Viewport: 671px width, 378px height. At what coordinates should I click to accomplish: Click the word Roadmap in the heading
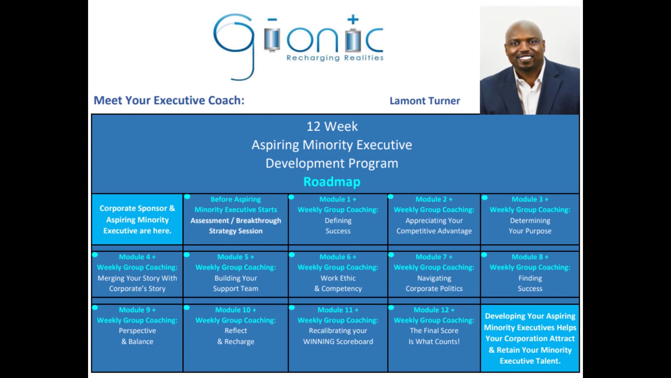point(332,182)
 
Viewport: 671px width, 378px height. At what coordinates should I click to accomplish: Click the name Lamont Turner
point(425,101)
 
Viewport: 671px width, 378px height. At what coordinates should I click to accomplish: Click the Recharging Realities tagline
point(335,58)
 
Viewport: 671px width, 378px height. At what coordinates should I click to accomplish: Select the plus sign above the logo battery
point(353,20)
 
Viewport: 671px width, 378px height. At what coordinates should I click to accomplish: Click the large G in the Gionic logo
point(233,42)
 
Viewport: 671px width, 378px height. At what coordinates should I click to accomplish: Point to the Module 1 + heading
point(338,199)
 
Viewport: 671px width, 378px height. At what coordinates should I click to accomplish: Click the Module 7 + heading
point(434,257)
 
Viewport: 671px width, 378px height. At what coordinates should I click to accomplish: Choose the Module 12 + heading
point(434,310)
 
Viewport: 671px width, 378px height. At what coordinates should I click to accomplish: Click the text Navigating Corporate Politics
point(434,283)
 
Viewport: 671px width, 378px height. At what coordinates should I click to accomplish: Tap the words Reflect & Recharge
point(236,336)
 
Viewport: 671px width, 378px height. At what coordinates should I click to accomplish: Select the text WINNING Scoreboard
point(338,342)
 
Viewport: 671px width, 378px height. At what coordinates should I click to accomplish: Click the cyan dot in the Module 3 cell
point(484,198)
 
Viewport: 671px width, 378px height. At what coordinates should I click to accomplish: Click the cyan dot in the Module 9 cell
point(95,308)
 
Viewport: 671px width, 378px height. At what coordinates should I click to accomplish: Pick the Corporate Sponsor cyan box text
point(137,219)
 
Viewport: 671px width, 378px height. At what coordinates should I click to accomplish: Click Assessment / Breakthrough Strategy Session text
point(236,226)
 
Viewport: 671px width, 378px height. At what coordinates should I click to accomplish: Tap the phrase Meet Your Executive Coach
point(169,100)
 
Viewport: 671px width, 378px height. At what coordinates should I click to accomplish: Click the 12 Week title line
point(332,126)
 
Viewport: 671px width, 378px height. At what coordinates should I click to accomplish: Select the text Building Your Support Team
point(236,283)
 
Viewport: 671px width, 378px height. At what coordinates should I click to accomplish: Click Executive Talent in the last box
point(530,361)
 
